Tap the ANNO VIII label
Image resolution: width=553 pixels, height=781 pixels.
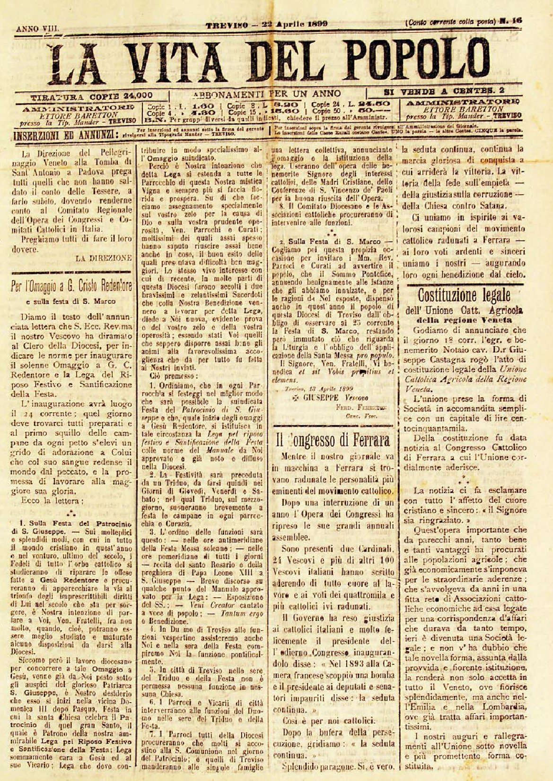point(38,28)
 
